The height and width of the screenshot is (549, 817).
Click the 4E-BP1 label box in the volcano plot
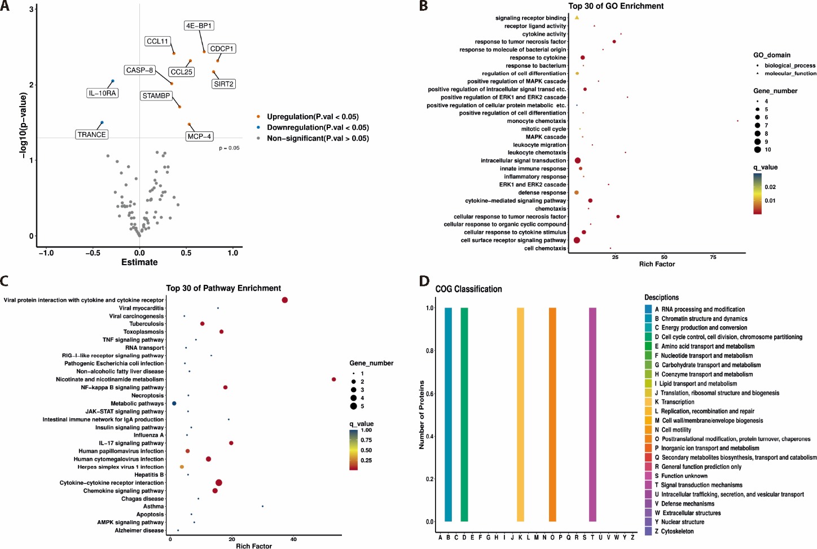click(x=199, y=26)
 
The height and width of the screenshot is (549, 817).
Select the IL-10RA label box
click(x=103, y=93)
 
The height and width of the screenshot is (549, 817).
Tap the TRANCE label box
click(x=91, y=135)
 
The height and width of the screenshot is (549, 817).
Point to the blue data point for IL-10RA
click(x=112, y=81)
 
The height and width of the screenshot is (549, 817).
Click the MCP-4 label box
click(x=199, y=137)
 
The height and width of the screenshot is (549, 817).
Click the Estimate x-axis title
click(x=139, y=262)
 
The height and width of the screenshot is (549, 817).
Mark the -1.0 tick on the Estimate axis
click(x=46, y=253)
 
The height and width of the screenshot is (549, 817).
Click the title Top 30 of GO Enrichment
click(x=616, y=6)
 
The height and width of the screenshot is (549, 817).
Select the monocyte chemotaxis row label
click(x=536, y=121)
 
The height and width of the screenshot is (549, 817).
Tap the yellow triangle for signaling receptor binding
click(x=577, y=18)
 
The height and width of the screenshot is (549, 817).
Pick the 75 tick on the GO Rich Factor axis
click(x=713, y=257)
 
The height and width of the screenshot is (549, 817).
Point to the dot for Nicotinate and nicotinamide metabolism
click(x=334, y=380)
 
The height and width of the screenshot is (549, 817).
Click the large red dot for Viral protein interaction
click(x=285, y=300)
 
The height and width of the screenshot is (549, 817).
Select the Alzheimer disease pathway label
click(x=139, y=531)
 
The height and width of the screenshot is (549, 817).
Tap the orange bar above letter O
click(x=552, y=415)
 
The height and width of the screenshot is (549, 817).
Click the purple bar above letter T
click(x=592, y=415)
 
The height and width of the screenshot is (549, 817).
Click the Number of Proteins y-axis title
click(x=421, y=415)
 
